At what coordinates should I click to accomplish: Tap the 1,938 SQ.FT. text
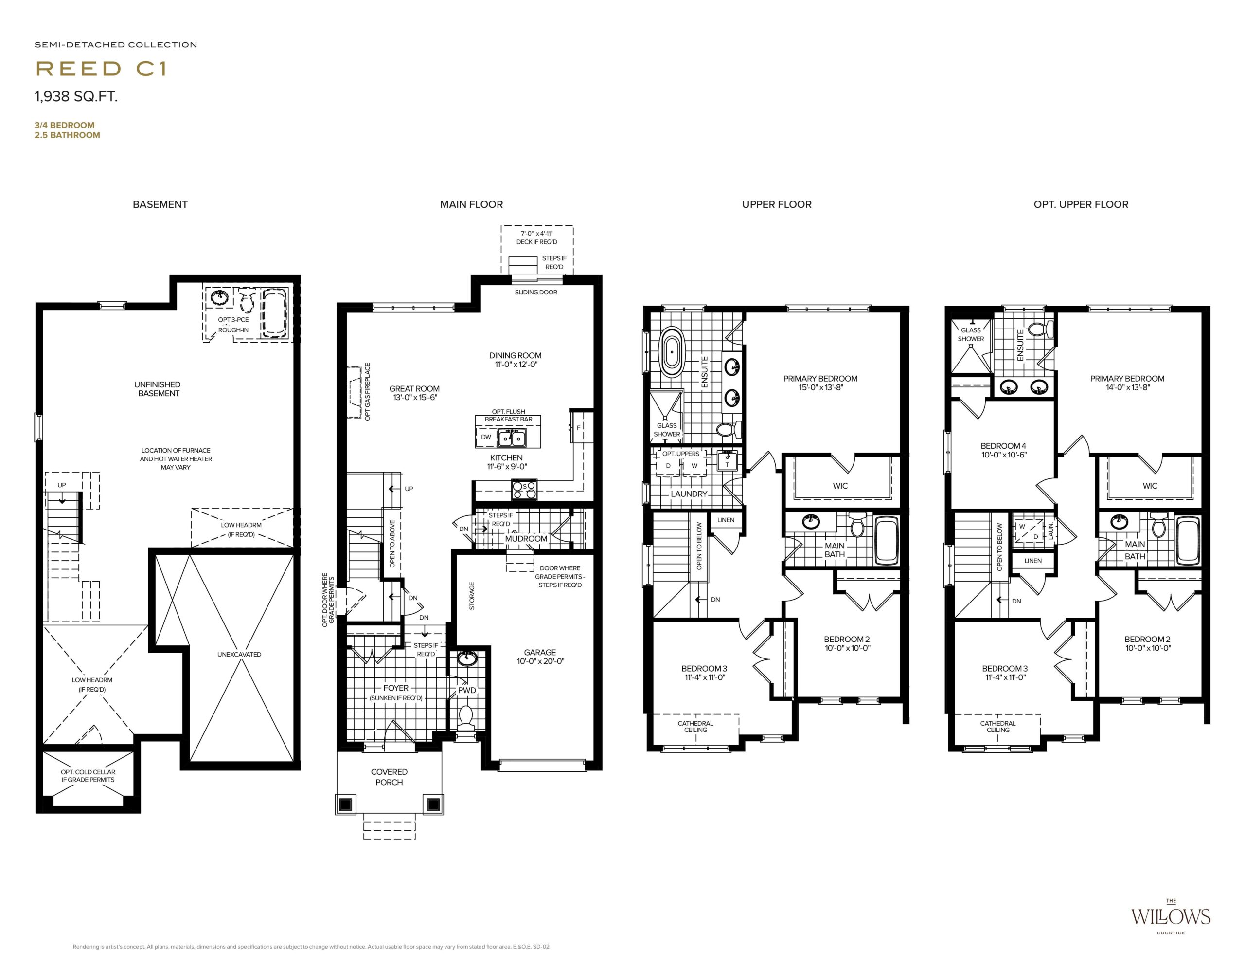coord(76,96)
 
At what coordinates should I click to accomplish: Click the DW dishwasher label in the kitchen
coord(486,437)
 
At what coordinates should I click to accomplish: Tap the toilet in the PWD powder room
coord(466,717)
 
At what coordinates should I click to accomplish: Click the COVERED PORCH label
coord(390,777)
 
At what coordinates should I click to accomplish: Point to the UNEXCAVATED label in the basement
coord(239,654)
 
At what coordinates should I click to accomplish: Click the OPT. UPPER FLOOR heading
coord(1081,204)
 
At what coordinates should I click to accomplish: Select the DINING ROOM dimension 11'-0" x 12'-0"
coord(516,365)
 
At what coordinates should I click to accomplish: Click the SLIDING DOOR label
coord(536,292)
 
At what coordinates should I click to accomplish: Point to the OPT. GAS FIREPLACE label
coord(368,392)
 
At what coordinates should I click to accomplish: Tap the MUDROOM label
coord(526,538)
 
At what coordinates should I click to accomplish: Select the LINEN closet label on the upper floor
coord(726,520)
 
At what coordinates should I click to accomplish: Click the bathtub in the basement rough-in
coord(274,314)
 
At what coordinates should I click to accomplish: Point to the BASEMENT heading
coord(160,204)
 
